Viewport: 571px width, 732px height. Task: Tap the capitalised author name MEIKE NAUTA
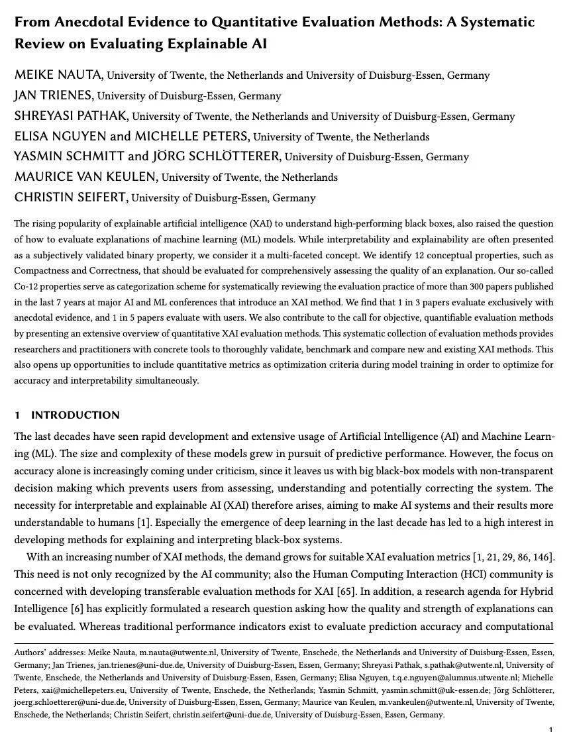(58, 75)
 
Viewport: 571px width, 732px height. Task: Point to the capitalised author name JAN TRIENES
(54, 95)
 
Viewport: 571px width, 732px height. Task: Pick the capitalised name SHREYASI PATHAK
(71, 116)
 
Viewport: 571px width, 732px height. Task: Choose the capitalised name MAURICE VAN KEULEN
(86, 177)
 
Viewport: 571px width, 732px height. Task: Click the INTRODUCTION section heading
(75, 415)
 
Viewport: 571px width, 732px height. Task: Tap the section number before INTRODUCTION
(17, 415)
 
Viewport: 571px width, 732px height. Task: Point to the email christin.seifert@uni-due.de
(219, 715)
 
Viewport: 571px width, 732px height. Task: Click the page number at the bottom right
(550, 729)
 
